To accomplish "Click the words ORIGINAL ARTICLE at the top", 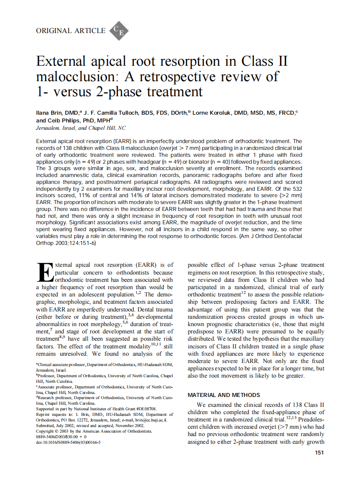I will (x=71, y=31).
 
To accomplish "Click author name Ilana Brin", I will (x=50, y=113).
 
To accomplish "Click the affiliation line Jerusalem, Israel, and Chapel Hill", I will (x=81, y=128).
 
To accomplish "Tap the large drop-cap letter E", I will (x=45, y=273).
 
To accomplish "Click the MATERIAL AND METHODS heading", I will (x=224, y=395).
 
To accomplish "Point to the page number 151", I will (x=319, y=452).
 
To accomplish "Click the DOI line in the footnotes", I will (x=68, y=442).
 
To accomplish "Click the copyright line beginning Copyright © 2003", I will (x=93, y=431).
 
